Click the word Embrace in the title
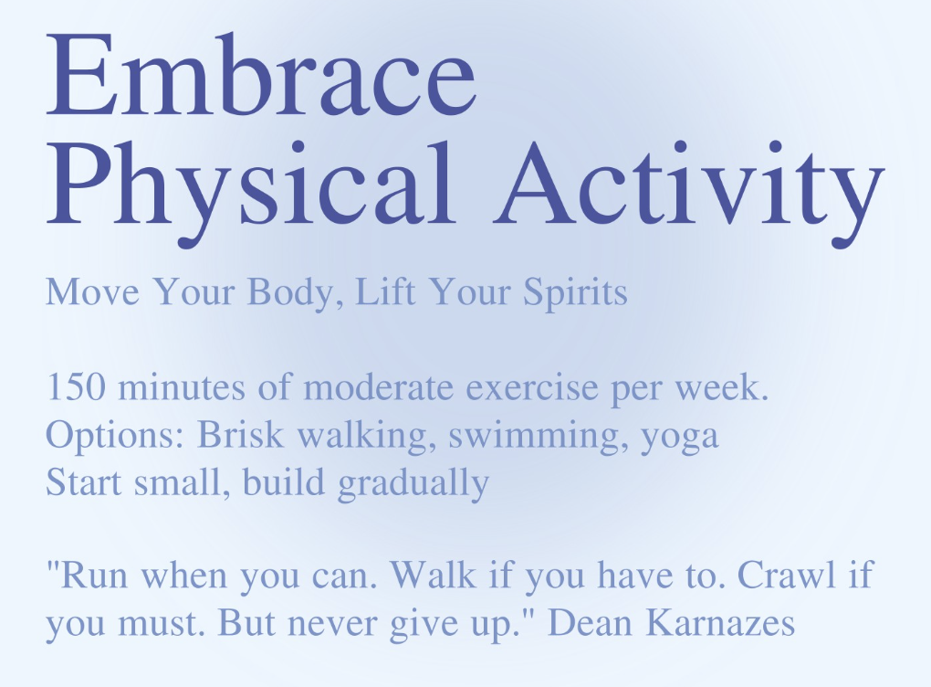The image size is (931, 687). point(261,74)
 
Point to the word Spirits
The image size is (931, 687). point(575,292)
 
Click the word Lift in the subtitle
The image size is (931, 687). point(385,291)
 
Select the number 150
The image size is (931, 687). point(77,387)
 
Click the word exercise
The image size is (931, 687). point(532,388)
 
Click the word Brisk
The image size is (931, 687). point(240,435)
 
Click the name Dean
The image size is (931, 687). point(590,623)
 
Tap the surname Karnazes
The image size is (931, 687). point(720,623)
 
